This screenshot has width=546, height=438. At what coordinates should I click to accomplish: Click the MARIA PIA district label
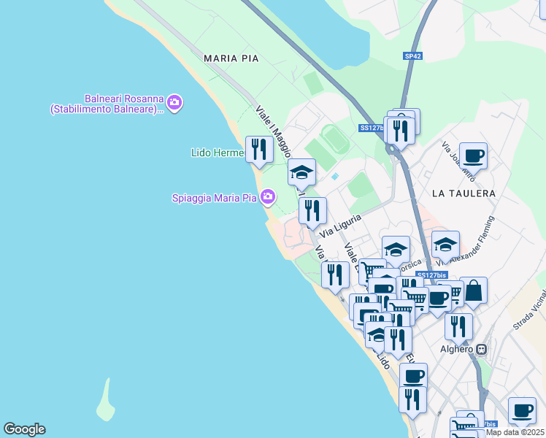[231, 58]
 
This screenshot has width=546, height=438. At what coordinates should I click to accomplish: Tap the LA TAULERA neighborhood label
[464, 193]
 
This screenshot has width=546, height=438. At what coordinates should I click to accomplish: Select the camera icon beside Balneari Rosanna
[174, 103]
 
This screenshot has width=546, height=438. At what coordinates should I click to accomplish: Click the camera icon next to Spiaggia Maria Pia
[268, 197]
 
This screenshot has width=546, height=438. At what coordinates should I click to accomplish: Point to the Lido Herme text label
[217, 153]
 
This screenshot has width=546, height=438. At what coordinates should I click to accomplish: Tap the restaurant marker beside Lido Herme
[259, 149]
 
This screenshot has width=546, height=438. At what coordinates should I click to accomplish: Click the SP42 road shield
[412, 55]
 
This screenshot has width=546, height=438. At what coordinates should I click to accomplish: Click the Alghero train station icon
[482, 350]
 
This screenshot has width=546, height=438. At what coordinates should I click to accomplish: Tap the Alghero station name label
[457, 349]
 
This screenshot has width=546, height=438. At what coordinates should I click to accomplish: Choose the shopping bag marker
[473, 291]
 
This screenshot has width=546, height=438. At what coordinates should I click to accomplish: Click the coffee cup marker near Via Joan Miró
[473, 155]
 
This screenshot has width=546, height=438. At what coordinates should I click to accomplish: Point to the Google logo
[24, 429]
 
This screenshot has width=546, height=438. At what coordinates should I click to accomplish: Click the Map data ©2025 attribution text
[515, 432]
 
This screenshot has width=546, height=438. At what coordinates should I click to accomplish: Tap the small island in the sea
[107, 400]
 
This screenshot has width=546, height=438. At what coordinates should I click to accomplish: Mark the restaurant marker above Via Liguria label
[312, 210]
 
